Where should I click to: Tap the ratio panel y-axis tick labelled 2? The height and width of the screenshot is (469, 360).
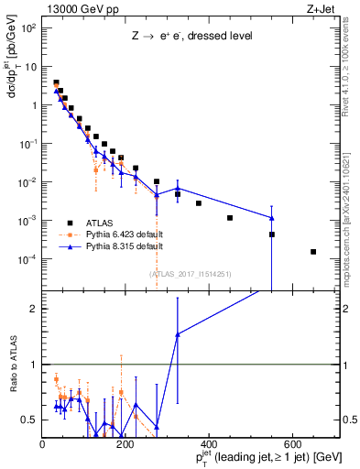click(x=34, y=309)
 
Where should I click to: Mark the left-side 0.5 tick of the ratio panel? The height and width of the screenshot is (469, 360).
click(x=30, y=420)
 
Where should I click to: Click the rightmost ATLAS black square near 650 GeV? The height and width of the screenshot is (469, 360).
click(x=313, y=252)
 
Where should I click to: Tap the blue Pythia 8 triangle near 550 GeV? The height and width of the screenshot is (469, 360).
click(x=272, y=218)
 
